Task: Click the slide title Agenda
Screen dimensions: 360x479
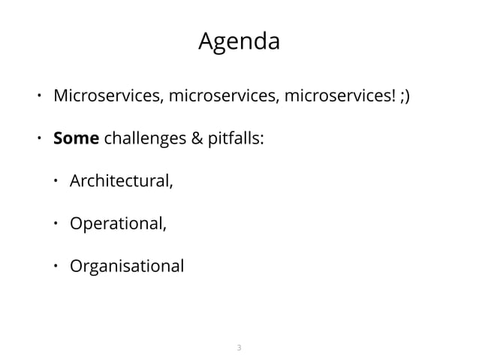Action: point(239,42)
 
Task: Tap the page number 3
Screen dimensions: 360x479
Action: point(239,347)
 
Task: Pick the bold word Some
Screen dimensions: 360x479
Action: point(75,140)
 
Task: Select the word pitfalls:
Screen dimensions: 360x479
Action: point(234,140)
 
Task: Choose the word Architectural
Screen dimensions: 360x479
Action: point(121,182)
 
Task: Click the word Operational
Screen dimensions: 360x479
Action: point(116,224)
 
